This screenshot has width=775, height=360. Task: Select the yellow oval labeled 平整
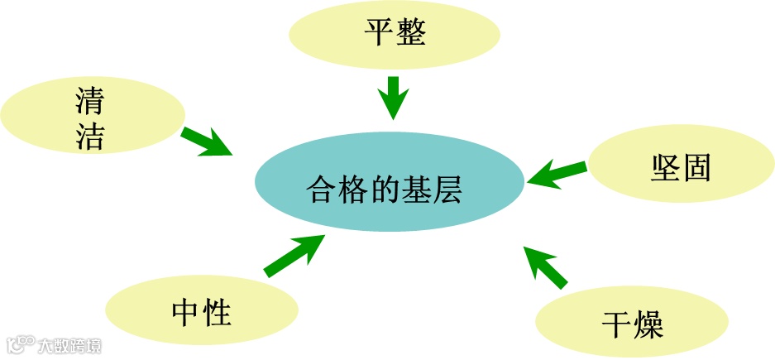[x=395, y=35]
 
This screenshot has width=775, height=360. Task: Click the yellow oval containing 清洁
[x=91, y=117]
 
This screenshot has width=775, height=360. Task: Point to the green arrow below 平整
[x=393, y=97]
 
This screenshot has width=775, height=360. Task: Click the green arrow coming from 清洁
[x=207, y=142]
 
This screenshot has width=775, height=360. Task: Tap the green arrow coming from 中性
[x=294, y=254]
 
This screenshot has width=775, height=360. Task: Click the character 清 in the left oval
[x=89, y=102]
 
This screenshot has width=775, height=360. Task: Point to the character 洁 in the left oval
[x=89, y=136]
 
